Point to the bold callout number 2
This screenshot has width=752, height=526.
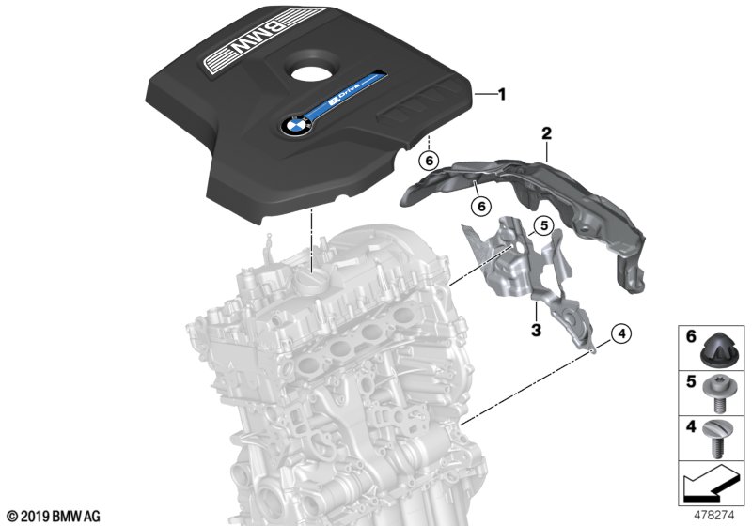click(x=545, y=136)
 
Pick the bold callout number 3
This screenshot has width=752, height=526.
click(x=536, y=330)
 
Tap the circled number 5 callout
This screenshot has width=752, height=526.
click(x=540, y=224)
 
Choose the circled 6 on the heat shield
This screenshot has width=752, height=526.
click(x=479, y=204)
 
